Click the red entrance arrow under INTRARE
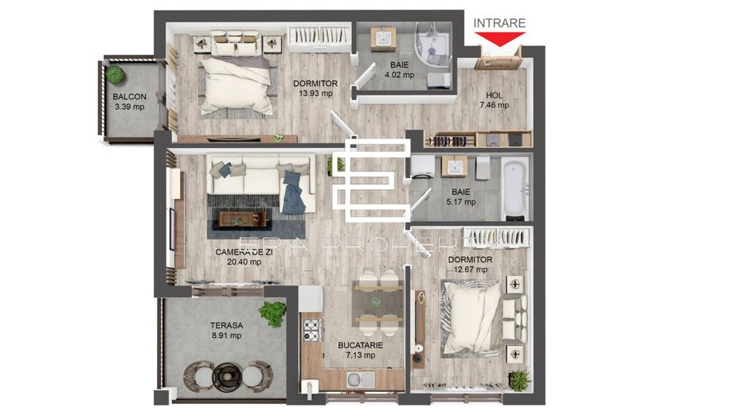(x=499, y=37)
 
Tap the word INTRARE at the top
(x=499, y=23)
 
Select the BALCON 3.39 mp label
(x=129, y=102)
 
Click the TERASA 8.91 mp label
(x=225, y=330)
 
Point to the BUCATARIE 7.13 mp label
(x=361, y=350)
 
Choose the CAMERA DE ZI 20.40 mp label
(x=239, y=256)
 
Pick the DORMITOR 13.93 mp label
(x=315, y=87)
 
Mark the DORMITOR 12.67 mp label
(x=470, y=264)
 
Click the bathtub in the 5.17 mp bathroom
(x=515, y=188)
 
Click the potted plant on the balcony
(x=116, y=76)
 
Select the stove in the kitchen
(x=310, y=328)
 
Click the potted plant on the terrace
(x=272, y=314)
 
